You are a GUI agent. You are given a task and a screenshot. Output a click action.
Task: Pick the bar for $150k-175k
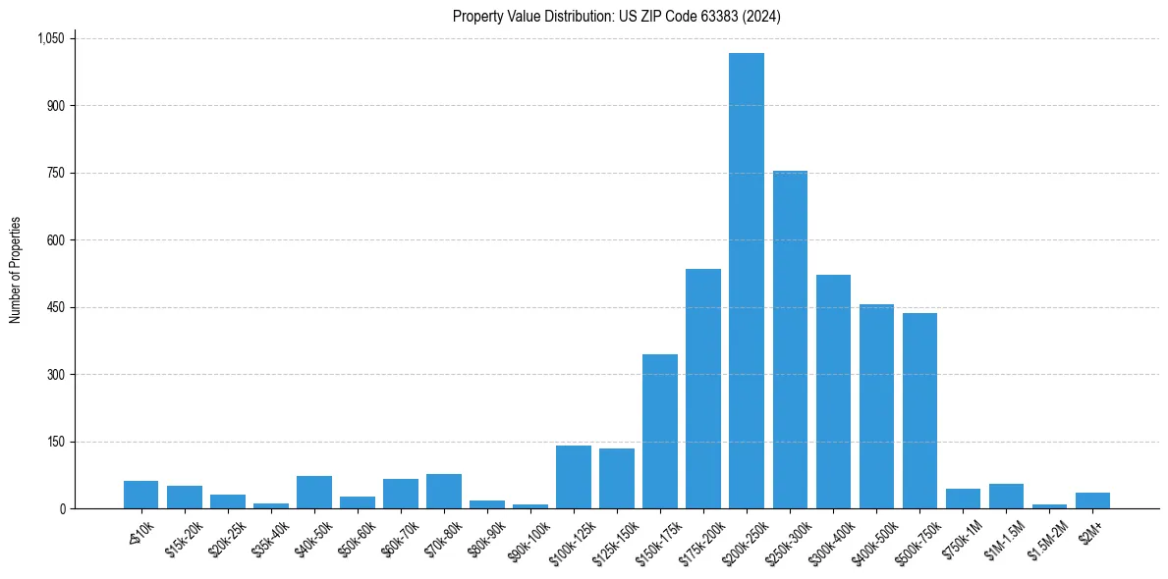coord(660,432)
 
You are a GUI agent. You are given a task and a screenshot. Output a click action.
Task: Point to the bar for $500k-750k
coord(919,411)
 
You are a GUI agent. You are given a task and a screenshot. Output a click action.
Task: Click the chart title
coord(617,17)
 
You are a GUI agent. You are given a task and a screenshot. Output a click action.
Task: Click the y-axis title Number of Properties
coord(16,270)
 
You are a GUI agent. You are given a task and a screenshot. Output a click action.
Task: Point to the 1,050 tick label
coord(50,38)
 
